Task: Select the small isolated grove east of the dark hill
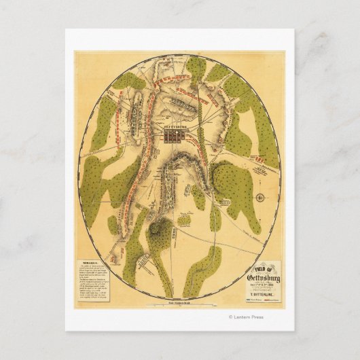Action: point(184,220)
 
